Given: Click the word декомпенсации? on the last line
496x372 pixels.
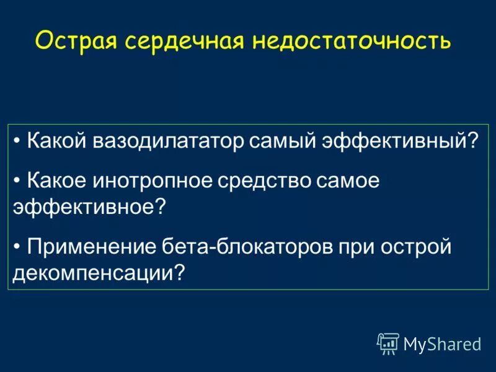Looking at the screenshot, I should [99, 272].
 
